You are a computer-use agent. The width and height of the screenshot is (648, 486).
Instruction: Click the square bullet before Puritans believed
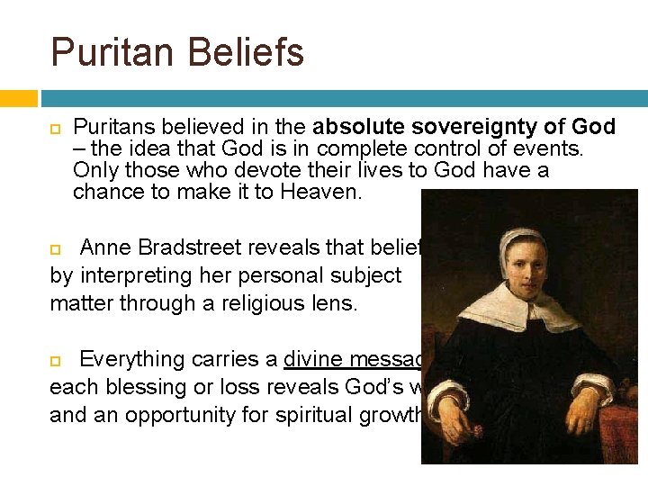point(55,128)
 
